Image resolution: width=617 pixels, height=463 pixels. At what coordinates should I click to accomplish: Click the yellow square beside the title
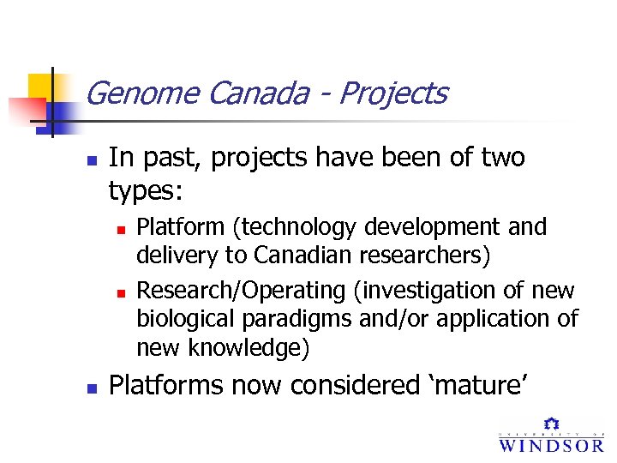(x=43, y=88)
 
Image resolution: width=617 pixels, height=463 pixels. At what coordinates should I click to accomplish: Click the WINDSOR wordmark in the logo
(x=551, y=444)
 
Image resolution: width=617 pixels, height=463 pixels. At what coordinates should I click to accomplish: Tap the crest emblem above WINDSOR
(x=551, y=424)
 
